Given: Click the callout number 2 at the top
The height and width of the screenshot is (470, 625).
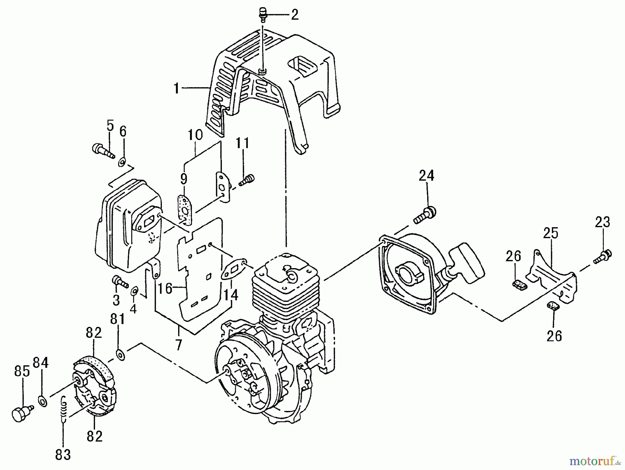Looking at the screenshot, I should pos(294,15).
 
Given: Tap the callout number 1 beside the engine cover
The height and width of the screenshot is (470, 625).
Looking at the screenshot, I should pos(177,89).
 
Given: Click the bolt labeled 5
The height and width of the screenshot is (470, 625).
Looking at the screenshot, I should pos(102,151).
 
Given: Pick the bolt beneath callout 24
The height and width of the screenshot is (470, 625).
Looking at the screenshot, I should pos(425,215).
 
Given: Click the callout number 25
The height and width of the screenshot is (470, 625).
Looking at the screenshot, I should pos(551,233).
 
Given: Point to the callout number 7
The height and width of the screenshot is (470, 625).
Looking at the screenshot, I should pos(178,345).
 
